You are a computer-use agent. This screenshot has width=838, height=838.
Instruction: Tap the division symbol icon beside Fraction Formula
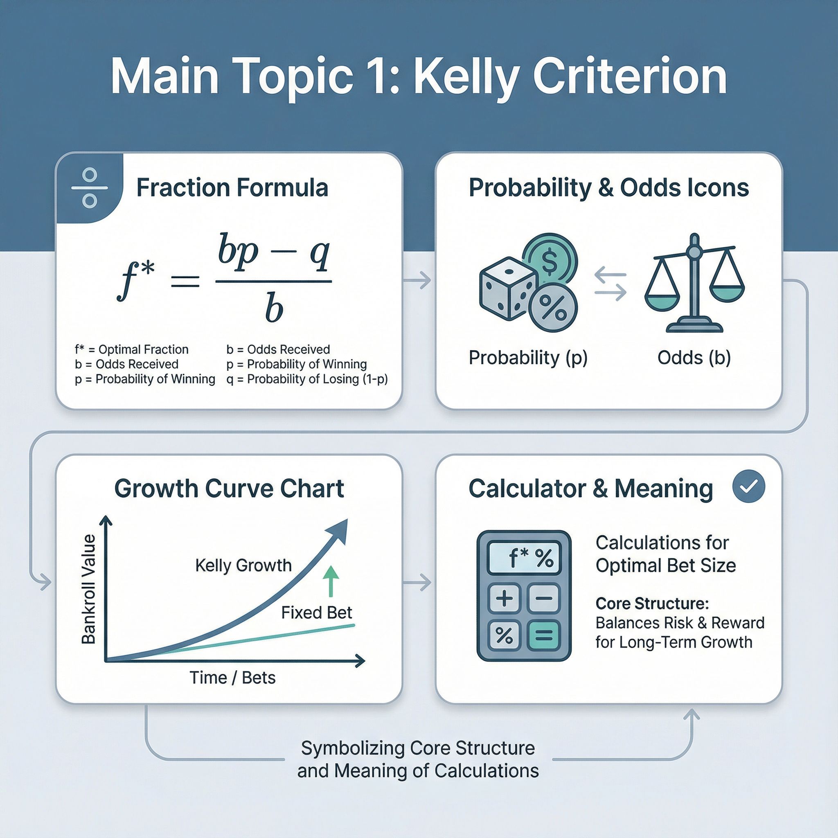coord(90,188)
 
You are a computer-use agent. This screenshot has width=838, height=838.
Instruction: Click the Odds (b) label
coord(694,358)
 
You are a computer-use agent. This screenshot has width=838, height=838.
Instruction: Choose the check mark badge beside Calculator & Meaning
coord(749,486)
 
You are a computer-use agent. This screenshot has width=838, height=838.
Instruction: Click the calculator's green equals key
coord(544,635)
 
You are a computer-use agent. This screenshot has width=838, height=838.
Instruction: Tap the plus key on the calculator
coord(505,599)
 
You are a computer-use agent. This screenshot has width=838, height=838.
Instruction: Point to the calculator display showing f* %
coord(523,558)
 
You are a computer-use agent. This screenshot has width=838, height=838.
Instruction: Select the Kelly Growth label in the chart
coord(243,565)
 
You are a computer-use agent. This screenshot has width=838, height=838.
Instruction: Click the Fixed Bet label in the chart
coord(317,613)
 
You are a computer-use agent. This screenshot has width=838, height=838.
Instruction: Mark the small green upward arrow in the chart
coord(331,581)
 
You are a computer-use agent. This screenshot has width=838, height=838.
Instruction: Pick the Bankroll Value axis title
coord(88,590)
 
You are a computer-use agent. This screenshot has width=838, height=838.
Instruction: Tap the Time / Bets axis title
coord(232,678)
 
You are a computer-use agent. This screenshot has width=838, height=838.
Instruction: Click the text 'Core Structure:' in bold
coord(652,604)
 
